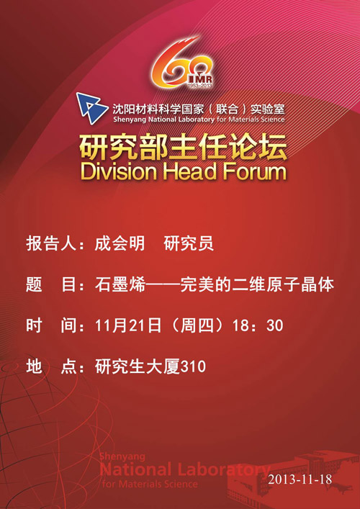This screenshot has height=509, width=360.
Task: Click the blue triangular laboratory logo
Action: click(x=91, y=109)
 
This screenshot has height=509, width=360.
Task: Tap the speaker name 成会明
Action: click(x=120, y=243)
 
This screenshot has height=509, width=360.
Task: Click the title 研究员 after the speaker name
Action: click(x=189, y=243)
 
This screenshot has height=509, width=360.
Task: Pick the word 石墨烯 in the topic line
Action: click(x=120, y=284)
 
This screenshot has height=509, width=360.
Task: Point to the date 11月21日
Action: click(x=128, y=326)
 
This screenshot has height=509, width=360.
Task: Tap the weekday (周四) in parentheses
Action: click(x=197, y=326)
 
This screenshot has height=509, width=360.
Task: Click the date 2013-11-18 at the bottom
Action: click(x=300, y=479)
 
